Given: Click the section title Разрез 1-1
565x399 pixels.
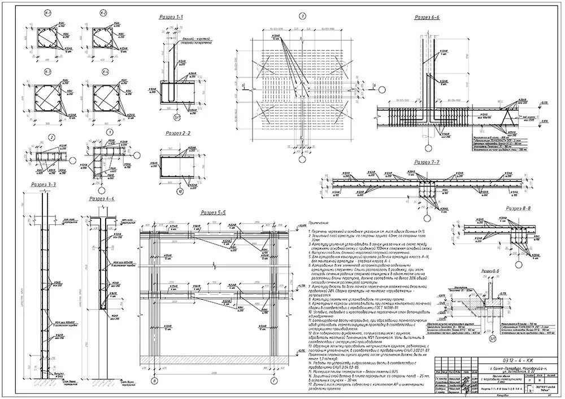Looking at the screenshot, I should click(x=172, y=18).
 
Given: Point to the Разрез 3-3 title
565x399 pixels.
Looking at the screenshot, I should click(x=44, y=184).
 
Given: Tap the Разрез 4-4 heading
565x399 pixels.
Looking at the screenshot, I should click(x=102, y=199).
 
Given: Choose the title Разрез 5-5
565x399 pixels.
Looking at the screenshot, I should click(x=214, y=212).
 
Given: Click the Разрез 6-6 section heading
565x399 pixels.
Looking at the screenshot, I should click(x=427, y=18).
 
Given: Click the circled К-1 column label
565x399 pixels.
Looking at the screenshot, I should click(x=47, y=12).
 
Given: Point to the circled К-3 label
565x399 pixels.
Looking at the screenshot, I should click(x=47, y=72).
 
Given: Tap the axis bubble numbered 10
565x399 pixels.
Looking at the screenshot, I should click(x=179, y=192).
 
